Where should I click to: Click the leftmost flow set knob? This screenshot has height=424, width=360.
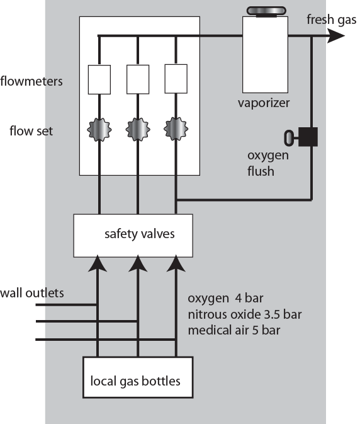pos(99,130)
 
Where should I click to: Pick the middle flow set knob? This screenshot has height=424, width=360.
pos(138,130)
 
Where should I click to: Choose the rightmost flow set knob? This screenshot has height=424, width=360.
pos(176,129)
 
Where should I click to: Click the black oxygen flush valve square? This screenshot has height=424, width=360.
pos(308,137)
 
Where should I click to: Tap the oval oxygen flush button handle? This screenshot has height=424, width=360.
pos(288,138)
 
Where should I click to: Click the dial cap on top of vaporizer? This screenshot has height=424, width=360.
pos(266,11)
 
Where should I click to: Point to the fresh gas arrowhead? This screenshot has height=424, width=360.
pos(335,36)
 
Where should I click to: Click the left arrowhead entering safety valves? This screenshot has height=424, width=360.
pos(98,263)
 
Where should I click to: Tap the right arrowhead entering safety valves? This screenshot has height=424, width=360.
pos(176,263)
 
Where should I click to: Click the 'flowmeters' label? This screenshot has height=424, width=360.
pos(31,81)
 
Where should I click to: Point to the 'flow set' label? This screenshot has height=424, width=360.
pos(31,131)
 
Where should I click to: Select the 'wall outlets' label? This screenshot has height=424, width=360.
pos(32,293)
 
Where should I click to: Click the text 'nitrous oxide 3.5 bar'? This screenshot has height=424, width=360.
pos(245,314)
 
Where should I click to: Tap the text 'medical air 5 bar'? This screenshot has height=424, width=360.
pos(234,330)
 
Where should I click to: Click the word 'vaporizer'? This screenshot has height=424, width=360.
pos(264,103)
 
